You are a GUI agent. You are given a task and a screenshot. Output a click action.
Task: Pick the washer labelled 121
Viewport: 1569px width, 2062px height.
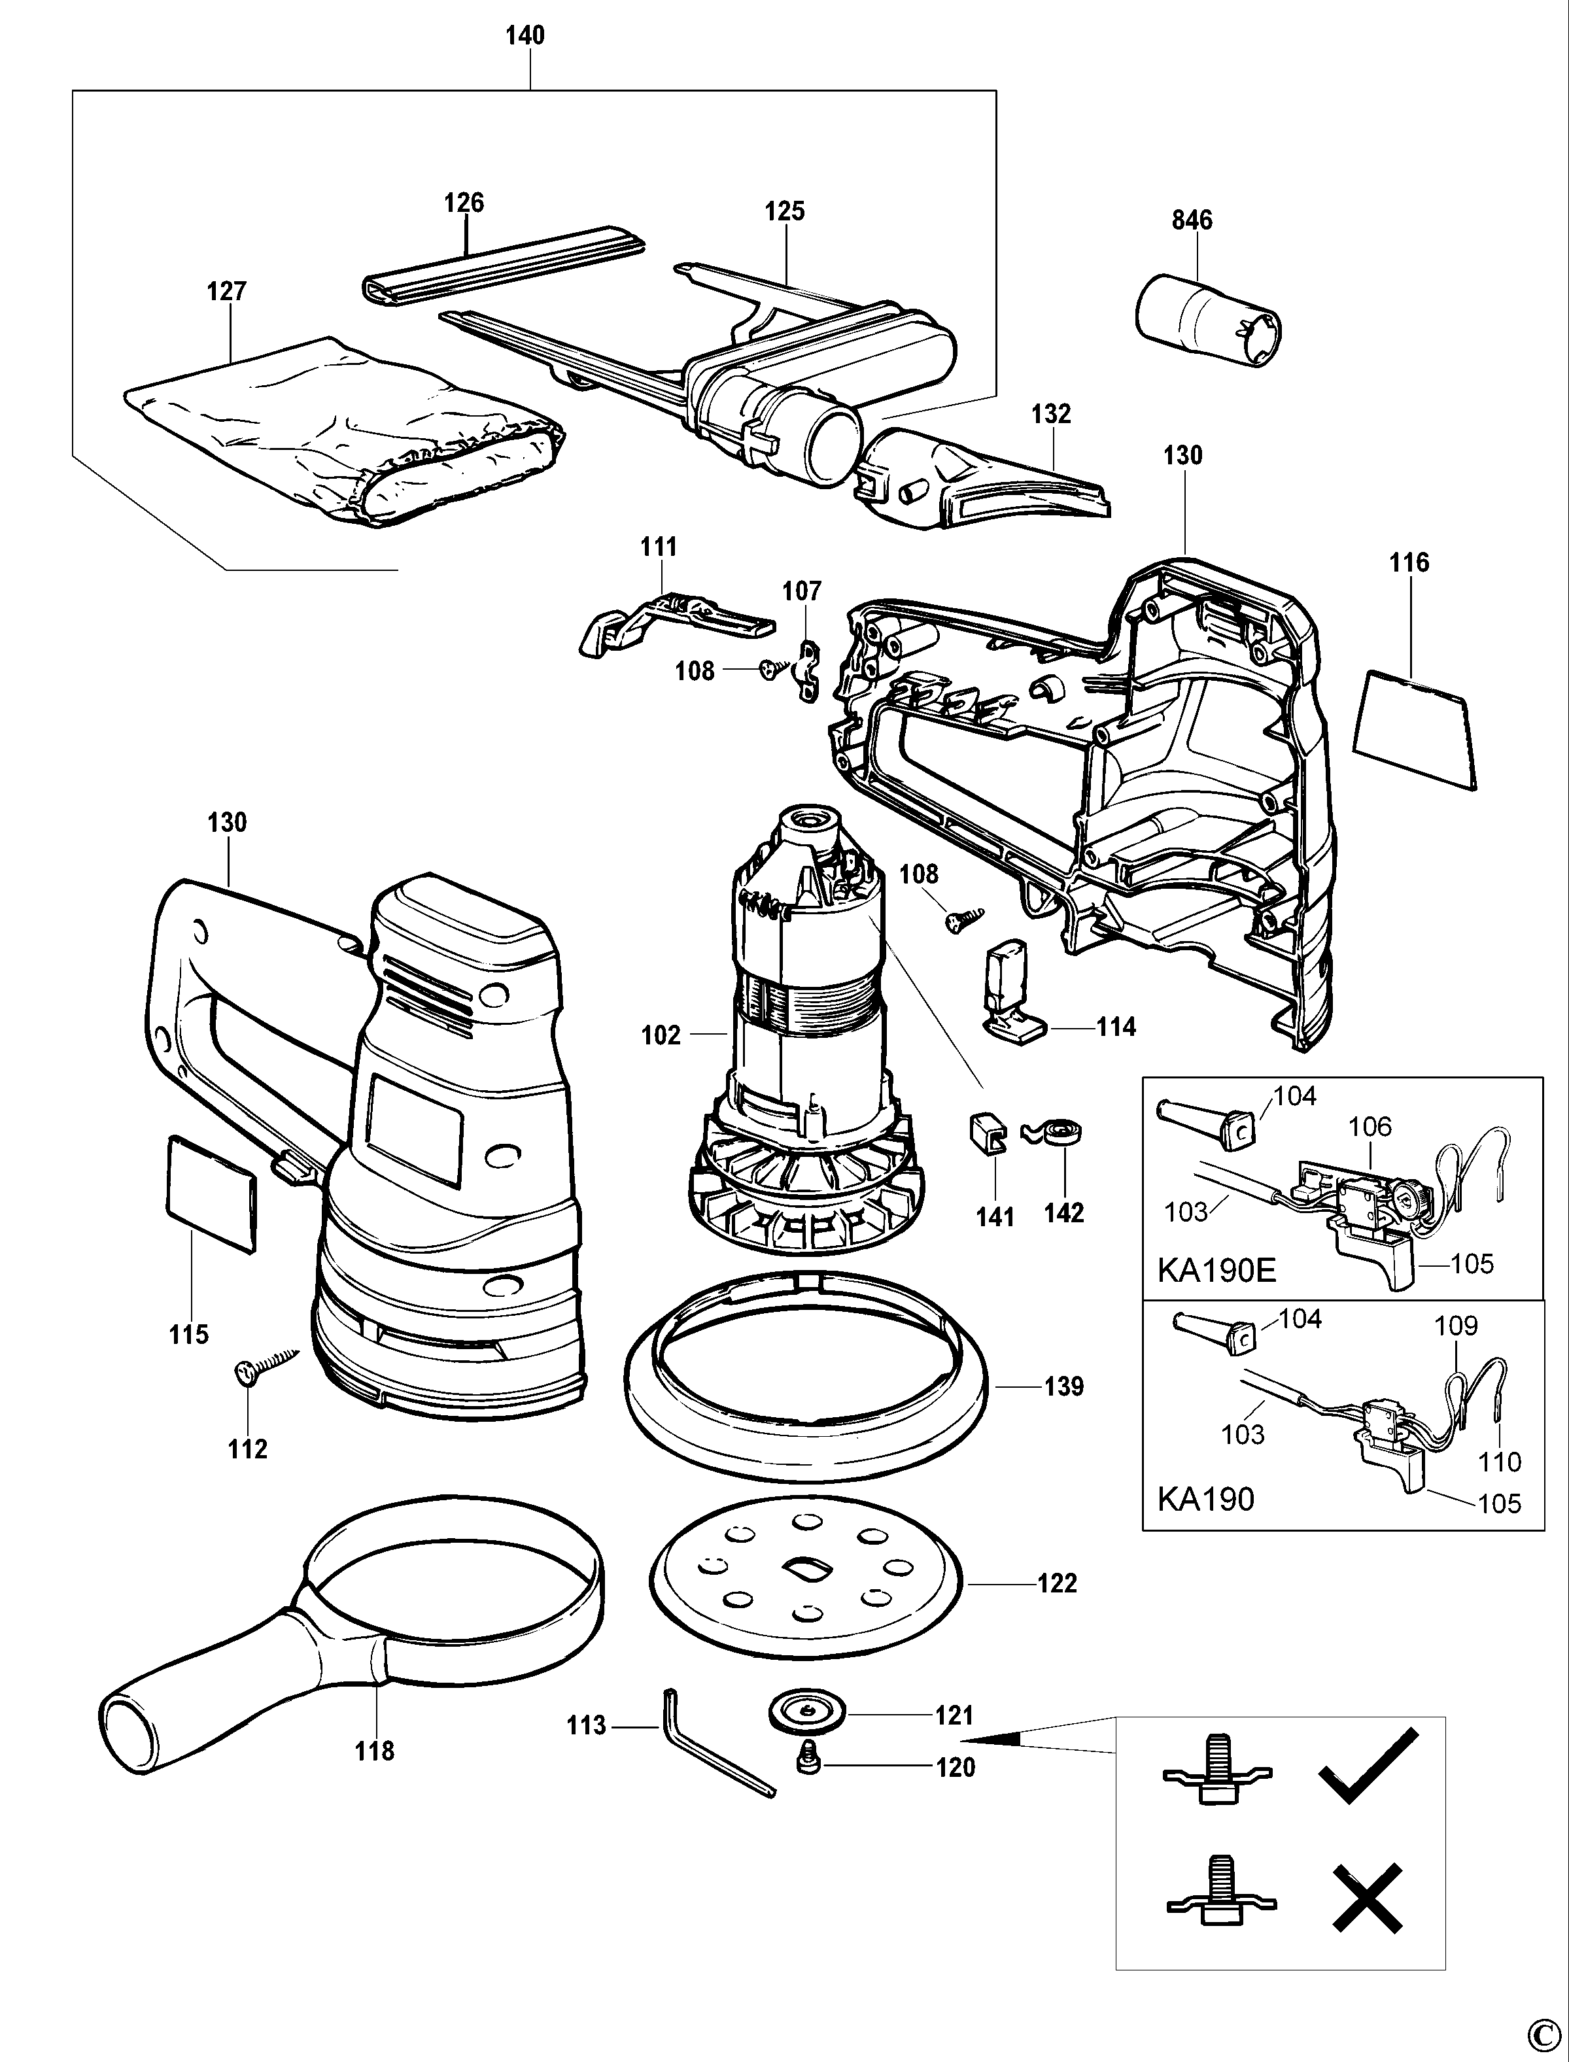click(x=806, y=1712)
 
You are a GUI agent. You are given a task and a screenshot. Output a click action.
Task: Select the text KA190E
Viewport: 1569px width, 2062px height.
click(x=1216, y=1270)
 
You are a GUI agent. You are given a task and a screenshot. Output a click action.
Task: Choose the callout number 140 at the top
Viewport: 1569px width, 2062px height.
click(x=525, y=35)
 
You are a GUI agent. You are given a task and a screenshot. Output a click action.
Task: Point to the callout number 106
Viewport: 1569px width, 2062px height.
click(x=1370, y=1127)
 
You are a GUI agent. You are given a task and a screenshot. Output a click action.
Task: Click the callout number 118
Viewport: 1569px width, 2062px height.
click(x=375, y=1751)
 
